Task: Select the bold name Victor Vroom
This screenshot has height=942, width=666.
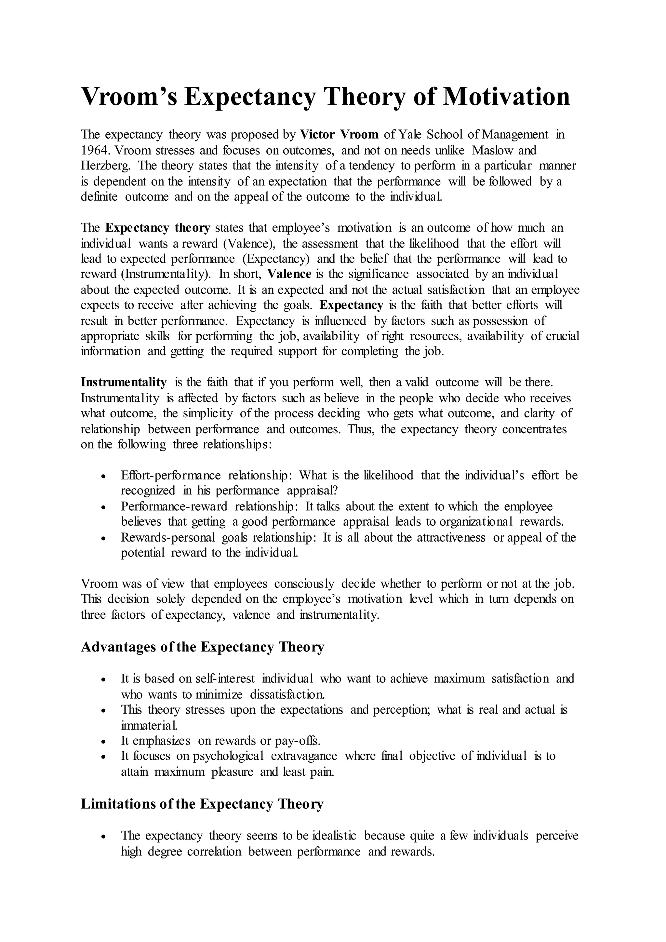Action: point(339,135)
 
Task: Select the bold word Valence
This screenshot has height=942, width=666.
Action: point(289,274)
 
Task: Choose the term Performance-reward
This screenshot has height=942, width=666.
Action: point(174,507)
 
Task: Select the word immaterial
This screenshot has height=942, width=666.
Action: point(149,725)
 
